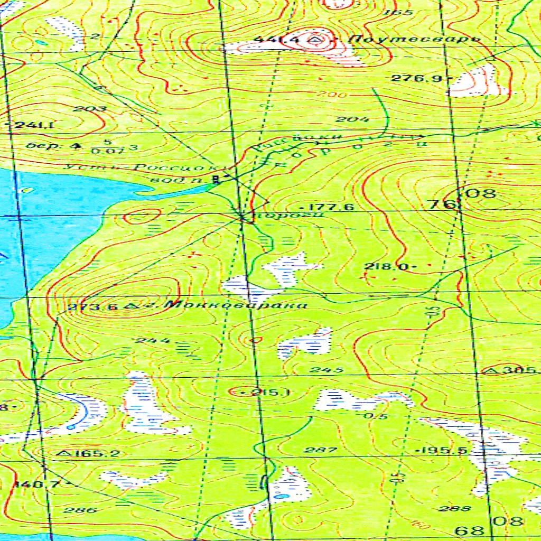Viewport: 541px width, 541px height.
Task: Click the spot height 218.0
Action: (x=385, y=266)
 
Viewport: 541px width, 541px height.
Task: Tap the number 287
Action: (x=321, y=450)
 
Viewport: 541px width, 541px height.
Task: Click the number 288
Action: (x=454, y=508)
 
